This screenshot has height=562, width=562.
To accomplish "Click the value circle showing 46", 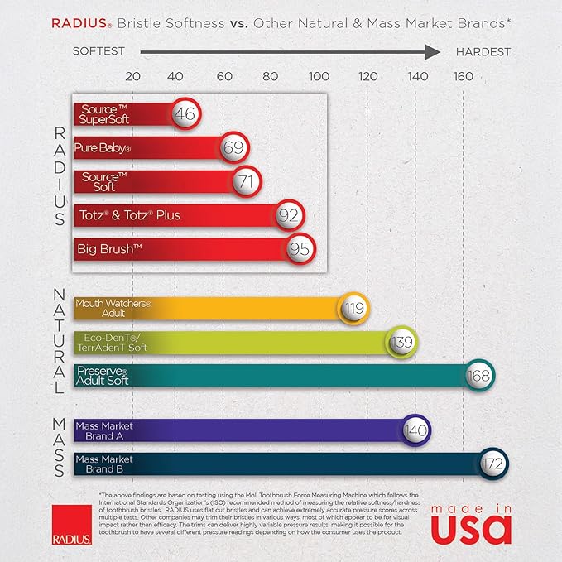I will pyautogui.click(x=185, y=113).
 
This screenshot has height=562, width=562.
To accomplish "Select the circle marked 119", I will pyautogui.click(x=354, y=309).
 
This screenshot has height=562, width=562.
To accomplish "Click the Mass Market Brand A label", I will pyautogui.click(x=103, y=430).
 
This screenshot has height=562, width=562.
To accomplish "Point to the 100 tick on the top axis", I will pyautogui.click(x=319, y=76).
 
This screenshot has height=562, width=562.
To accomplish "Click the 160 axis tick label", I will pyautogui.click(x=463, y=76).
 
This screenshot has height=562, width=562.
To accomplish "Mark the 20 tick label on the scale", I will pyautogui.click(x=132, y=76).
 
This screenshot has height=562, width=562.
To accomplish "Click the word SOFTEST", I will pyautogui.click(x=98, y=52).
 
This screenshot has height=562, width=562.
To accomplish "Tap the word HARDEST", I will pyautogui.click(x=483, y=52).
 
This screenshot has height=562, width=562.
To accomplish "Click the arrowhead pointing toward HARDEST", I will pyautogui.click(x=432, y=52).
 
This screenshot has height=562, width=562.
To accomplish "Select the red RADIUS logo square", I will pyautogui.click(x=66, y=521).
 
